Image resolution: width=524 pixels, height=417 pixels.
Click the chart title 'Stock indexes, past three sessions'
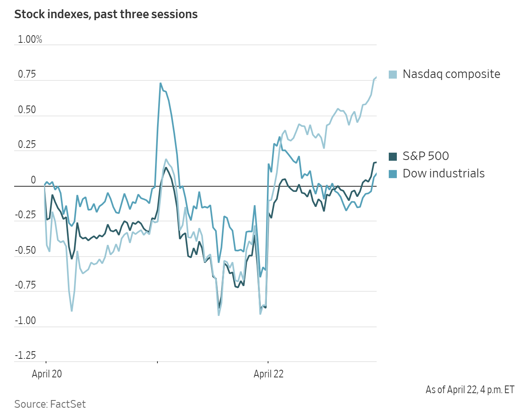(x=106, y=15)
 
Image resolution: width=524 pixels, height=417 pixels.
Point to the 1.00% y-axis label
(x=30, y=40)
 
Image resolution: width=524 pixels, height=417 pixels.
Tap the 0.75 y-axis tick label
(x=27, y=74)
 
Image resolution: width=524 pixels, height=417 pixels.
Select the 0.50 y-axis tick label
(x=27, y=110)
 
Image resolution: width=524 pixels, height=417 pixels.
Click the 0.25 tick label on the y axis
(x=27, y=145)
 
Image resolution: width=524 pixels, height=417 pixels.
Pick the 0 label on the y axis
(x=34, y=180)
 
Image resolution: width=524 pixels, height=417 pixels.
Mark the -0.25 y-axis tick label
(x=25, y=215)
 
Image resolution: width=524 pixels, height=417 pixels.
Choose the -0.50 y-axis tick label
(x=25, y=250)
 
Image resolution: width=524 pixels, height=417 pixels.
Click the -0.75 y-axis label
(x=25, y=285)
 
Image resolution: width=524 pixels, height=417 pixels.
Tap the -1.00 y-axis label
(x=25, y=320)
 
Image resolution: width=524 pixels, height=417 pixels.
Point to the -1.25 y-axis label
(x=25, y=356)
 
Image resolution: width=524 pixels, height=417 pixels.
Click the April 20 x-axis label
(x=47, y=374)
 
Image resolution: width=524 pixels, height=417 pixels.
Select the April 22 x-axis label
(x=268, y=374)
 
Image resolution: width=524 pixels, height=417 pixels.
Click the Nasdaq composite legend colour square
(x=393, y=75)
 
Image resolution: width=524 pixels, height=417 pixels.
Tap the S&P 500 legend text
(x=425, y=156)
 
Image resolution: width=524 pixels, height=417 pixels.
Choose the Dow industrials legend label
(x=443, y=174)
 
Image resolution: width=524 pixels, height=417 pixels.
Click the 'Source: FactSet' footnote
(x=50, y=404)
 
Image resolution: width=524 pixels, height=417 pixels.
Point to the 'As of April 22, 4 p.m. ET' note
(x=470, y=390)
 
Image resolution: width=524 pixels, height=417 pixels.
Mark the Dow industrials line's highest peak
(x=161, y=84)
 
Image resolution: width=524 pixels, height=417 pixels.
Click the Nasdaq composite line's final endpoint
(x=376, y=77)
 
